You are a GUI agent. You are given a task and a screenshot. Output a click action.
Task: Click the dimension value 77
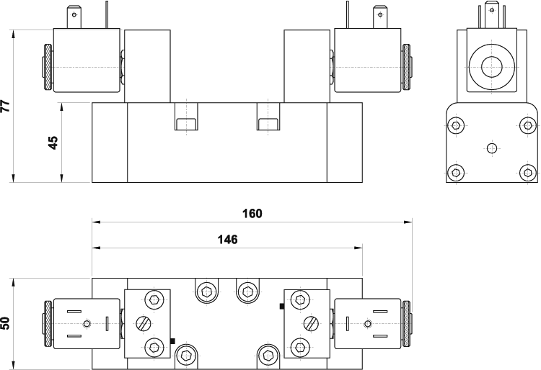tap(6, 106)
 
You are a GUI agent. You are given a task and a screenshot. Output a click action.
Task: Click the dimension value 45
tap(53, 143)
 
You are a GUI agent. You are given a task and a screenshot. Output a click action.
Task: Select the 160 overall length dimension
tap(252, 214)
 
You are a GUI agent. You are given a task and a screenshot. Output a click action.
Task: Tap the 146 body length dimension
tap(228, 239)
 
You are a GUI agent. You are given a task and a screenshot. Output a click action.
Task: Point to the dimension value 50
tap(6, 323)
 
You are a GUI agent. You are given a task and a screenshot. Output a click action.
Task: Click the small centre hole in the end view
tap(492, 148)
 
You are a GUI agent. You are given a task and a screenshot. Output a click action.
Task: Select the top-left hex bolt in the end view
tap(456, 125)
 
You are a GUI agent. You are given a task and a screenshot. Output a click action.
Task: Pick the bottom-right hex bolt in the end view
tap(527, 172)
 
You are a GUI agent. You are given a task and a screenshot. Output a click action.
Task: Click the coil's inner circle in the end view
tap(492, 67)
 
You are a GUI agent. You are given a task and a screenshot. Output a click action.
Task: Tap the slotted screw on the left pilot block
tap(144, 323)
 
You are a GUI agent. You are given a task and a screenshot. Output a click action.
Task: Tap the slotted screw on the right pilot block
tap(312, 323)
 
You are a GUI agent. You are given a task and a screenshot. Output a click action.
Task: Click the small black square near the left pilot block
tap(173, 341)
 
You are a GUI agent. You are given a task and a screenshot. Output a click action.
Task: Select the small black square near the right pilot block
tap(282, 306)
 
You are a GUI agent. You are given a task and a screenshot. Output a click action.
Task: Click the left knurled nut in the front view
tap(48, 67)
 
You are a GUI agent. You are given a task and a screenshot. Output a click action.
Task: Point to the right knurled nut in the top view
tap(406, 324)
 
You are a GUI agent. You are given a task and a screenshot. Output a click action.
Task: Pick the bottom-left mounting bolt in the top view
tap(186, 355)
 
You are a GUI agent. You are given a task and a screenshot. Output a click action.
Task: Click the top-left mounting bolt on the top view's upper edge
tap(207, 292)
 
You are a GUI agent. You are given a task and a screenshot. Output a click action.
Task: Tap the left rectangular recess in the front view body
tap(186, 124)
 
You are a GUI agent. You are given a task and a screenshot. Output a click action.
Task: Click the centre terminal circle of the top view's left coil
tap(87, 323)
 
